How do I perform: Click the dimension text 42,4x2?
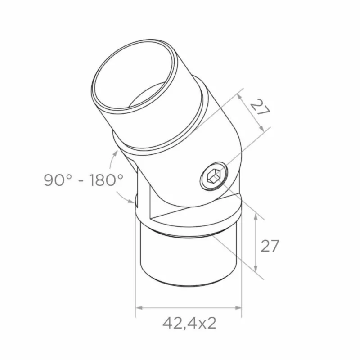pyautogui.click(x=189, y=323)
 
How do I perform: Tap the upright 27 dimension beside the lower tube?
pyautogui.click(x=270, y=246)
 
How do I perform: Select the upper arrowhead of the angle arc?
pyautogui.click(x=116, y=153)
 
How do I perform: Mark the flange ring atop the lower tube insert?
pyautogui.click(x=189, y=223)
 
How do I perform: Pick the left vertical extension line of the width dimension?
pyautogui.click(x=136, y=270)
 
